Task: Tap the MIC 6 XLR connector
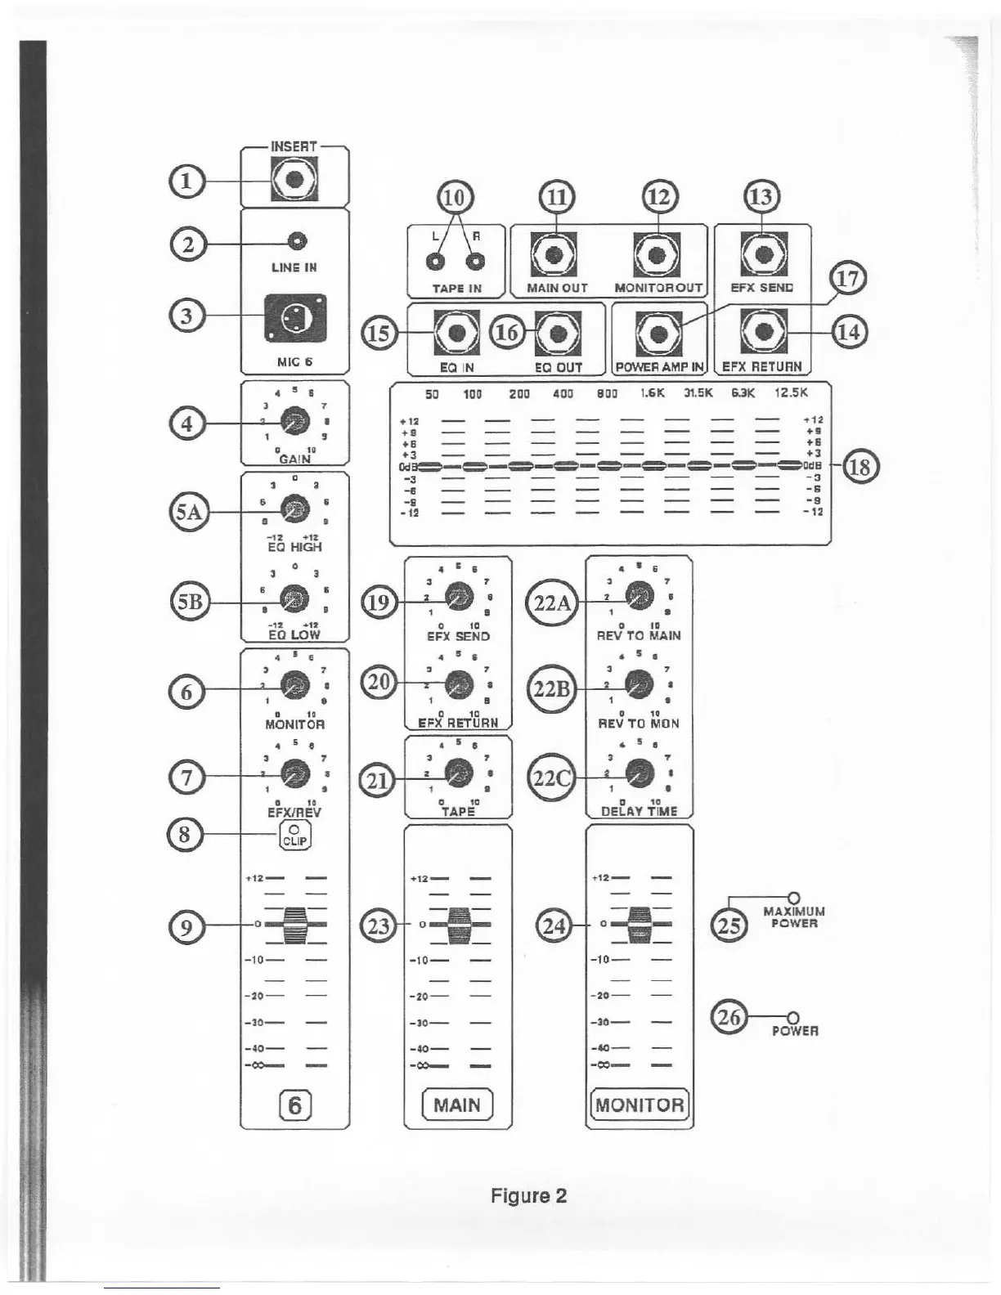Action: tap(294, 319)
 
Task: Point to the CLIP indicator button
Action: tap(295, 835)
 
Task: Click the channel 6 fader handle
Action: tap(294, 924)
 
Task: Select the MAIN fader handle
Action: tap(458, 924)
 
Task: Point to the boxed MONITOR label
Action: tap(639, 1105)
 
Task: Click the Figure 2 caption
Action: tap(528, 1196)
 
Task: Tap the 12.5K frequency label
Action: tap(791, 392)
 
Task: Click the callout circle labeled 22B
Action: tap(551, 689)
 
